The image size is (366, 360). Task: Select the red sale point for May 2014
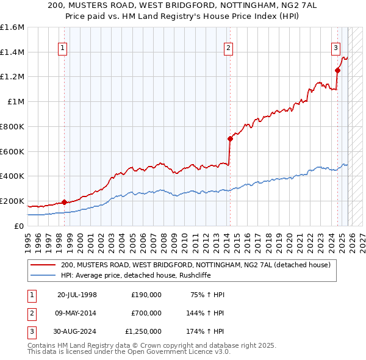point(230,139)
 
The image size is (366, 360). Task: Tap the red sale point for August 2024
point(337,70)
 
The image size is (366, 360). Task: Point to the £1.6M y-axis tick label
point(12,27)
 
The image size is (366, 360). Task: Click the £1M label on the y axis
point(16,102)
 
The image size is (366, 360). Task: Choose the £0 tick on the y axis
point(20,226)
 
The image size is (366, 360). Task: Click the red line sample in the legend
point(43,265)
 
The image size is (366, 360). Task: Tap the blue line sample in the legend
point(43,275)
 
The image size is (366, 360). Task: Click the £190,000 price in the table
point(146,295)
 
